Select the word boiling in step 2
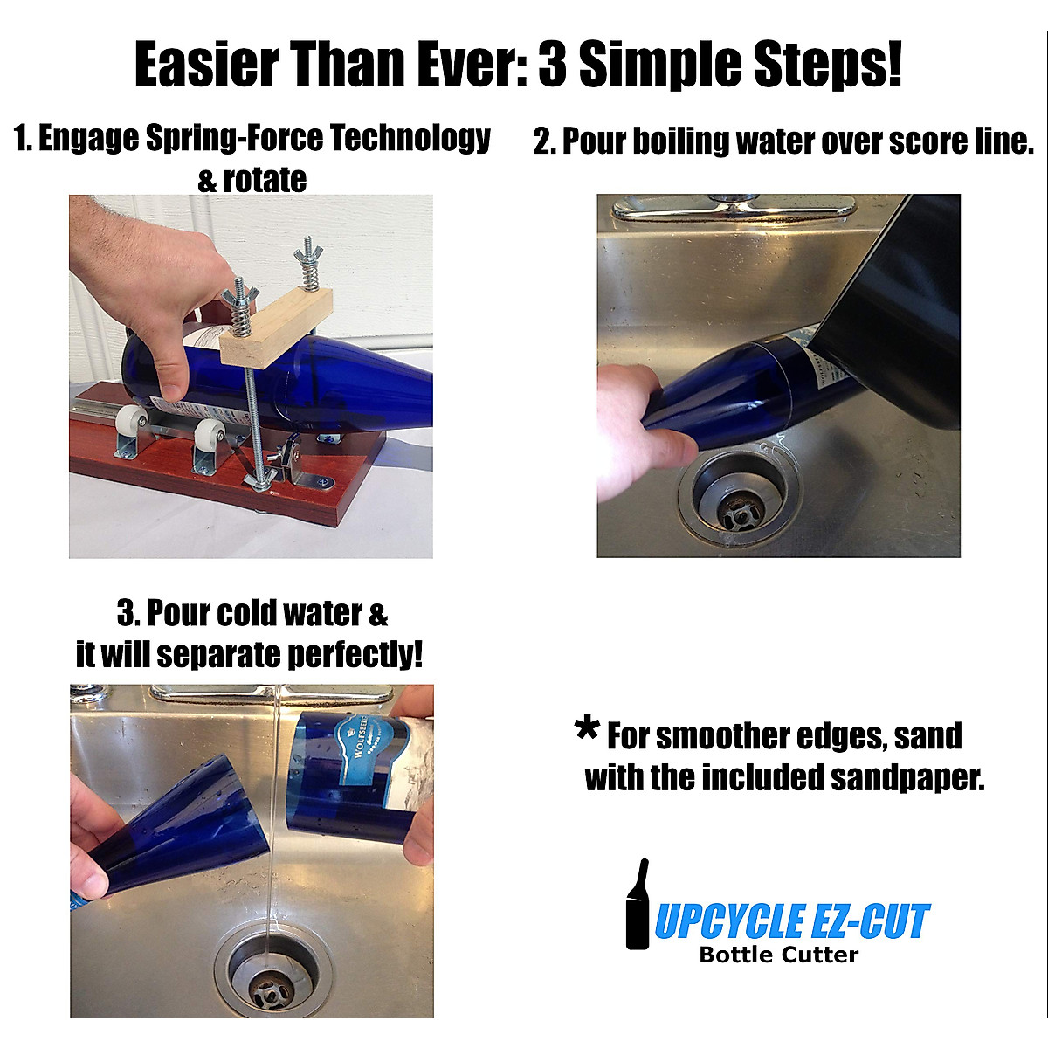[x=682, y=141]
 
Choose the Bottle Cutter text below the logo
[x=778, y=955]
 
